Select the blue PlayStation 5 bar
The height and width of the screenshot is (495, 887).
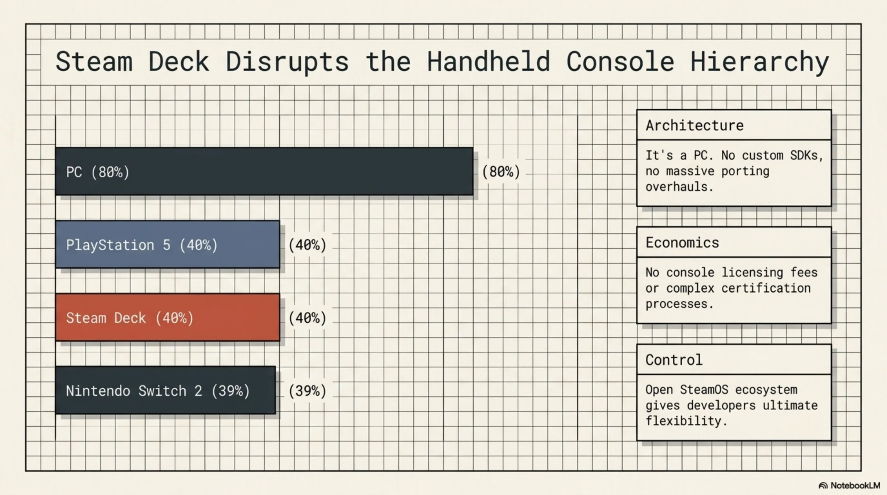[x=167, y=245]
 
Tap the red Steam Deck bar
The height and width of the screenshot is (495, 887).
[x=167, y=318]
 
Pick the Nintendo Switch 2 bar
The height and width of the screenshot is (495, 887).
[x=165, y=391]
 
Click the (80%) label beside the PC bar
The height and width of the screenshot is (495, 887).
[x=501, y=171]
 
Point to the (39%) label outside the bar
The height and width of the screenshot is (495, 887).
[x=307, y=391]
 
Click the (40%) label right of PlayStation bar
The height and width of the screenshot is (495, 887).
[x=307, y=245]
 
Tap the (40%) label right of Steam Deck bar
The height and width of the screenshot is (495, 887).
[x=307, y=318]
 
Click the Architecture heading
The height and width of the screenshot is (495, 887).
[x=694, y=125]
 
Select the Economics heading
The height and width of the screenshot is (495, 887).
[x=682, y=243]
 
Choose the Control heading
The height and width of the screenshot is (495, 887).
[x=674, y=360]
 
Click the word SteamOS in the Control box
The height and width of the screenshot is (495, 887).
[x=704, y=390]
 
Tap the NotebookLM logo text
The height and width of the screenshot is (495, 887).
[x=855, y=485]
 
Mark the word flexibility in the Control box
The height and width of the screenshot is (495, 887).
[x=686, y=421]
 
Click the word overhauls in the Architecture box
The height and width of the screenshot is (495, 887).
[x=679, y=187]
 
